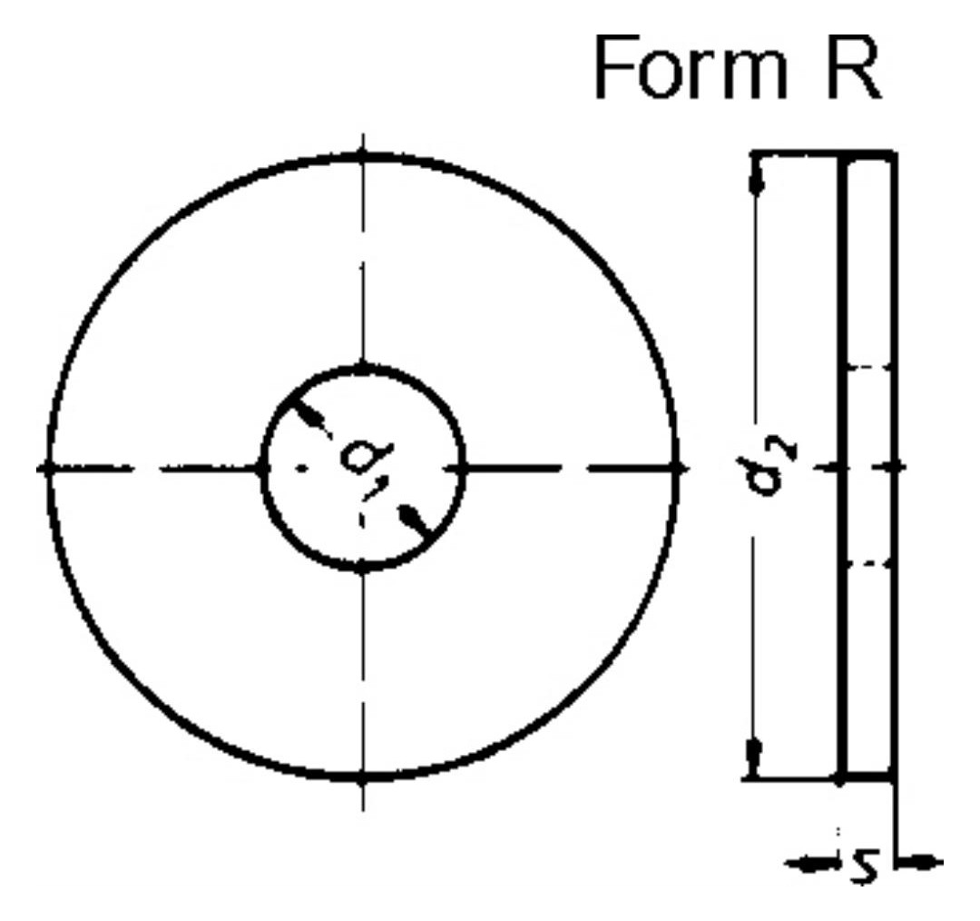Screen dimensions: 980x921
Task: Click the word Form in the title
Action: click(x=691, y=67)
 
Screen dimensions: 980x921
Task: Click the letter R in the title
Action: click(x=854, y=68)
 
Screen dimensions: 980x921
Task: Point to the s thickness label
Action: click(x=865, y=866)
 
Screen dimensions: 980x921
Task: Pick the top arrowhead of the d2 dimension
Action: click(x=758, y=176)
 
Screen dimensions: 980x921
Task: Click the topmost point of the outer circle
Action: click(x=363, y=156)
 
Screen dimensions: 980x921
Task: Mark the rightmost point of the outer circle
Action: click(x=676, y=468)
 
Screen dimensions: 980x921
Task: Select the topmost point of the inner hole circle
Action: click(x=363, y=369)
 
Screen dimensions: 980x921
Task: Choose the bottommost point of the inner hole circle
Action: click(x=363, y=567)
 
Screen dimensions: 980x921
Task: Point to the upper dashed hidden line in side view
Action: click(x=870, y=369)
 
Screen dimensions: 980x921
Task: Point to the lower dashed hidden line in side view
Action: click(x=870, y=565)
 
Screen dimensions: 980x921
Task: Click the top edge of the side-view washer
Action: click(x=868, y=154)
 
